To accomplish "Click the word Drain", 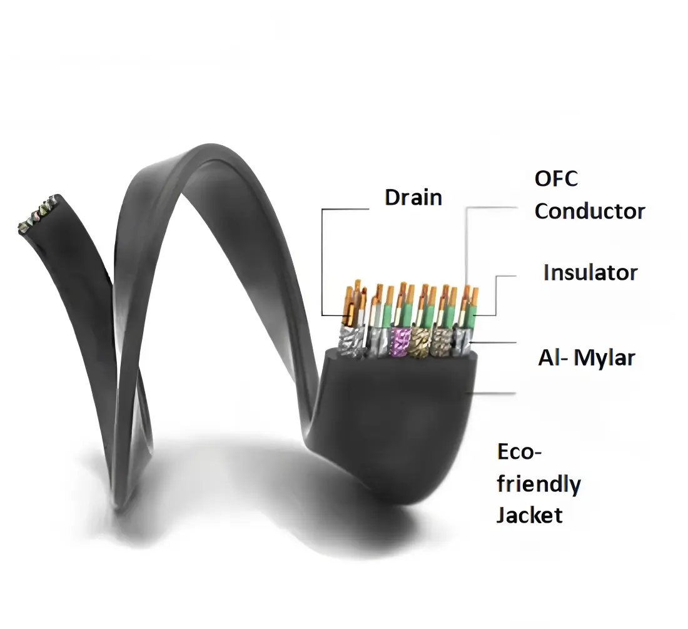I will [x=413, y=198].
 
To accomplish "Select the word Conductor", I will [x=589, y=211].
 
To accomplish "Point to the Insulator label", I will [x=590, y=273].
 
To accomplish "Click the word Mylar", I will [x=604, y=358].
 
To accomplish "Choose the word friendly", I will [x=539, y=484].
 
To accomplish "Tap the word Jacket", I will [x=529, y=515].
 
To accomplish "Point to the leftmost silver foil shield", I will [x=347, y=341].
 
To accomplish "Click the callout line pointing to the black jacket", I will [x=494, y=394].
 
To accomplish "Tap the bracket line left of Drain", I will [x=322, y=263].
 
